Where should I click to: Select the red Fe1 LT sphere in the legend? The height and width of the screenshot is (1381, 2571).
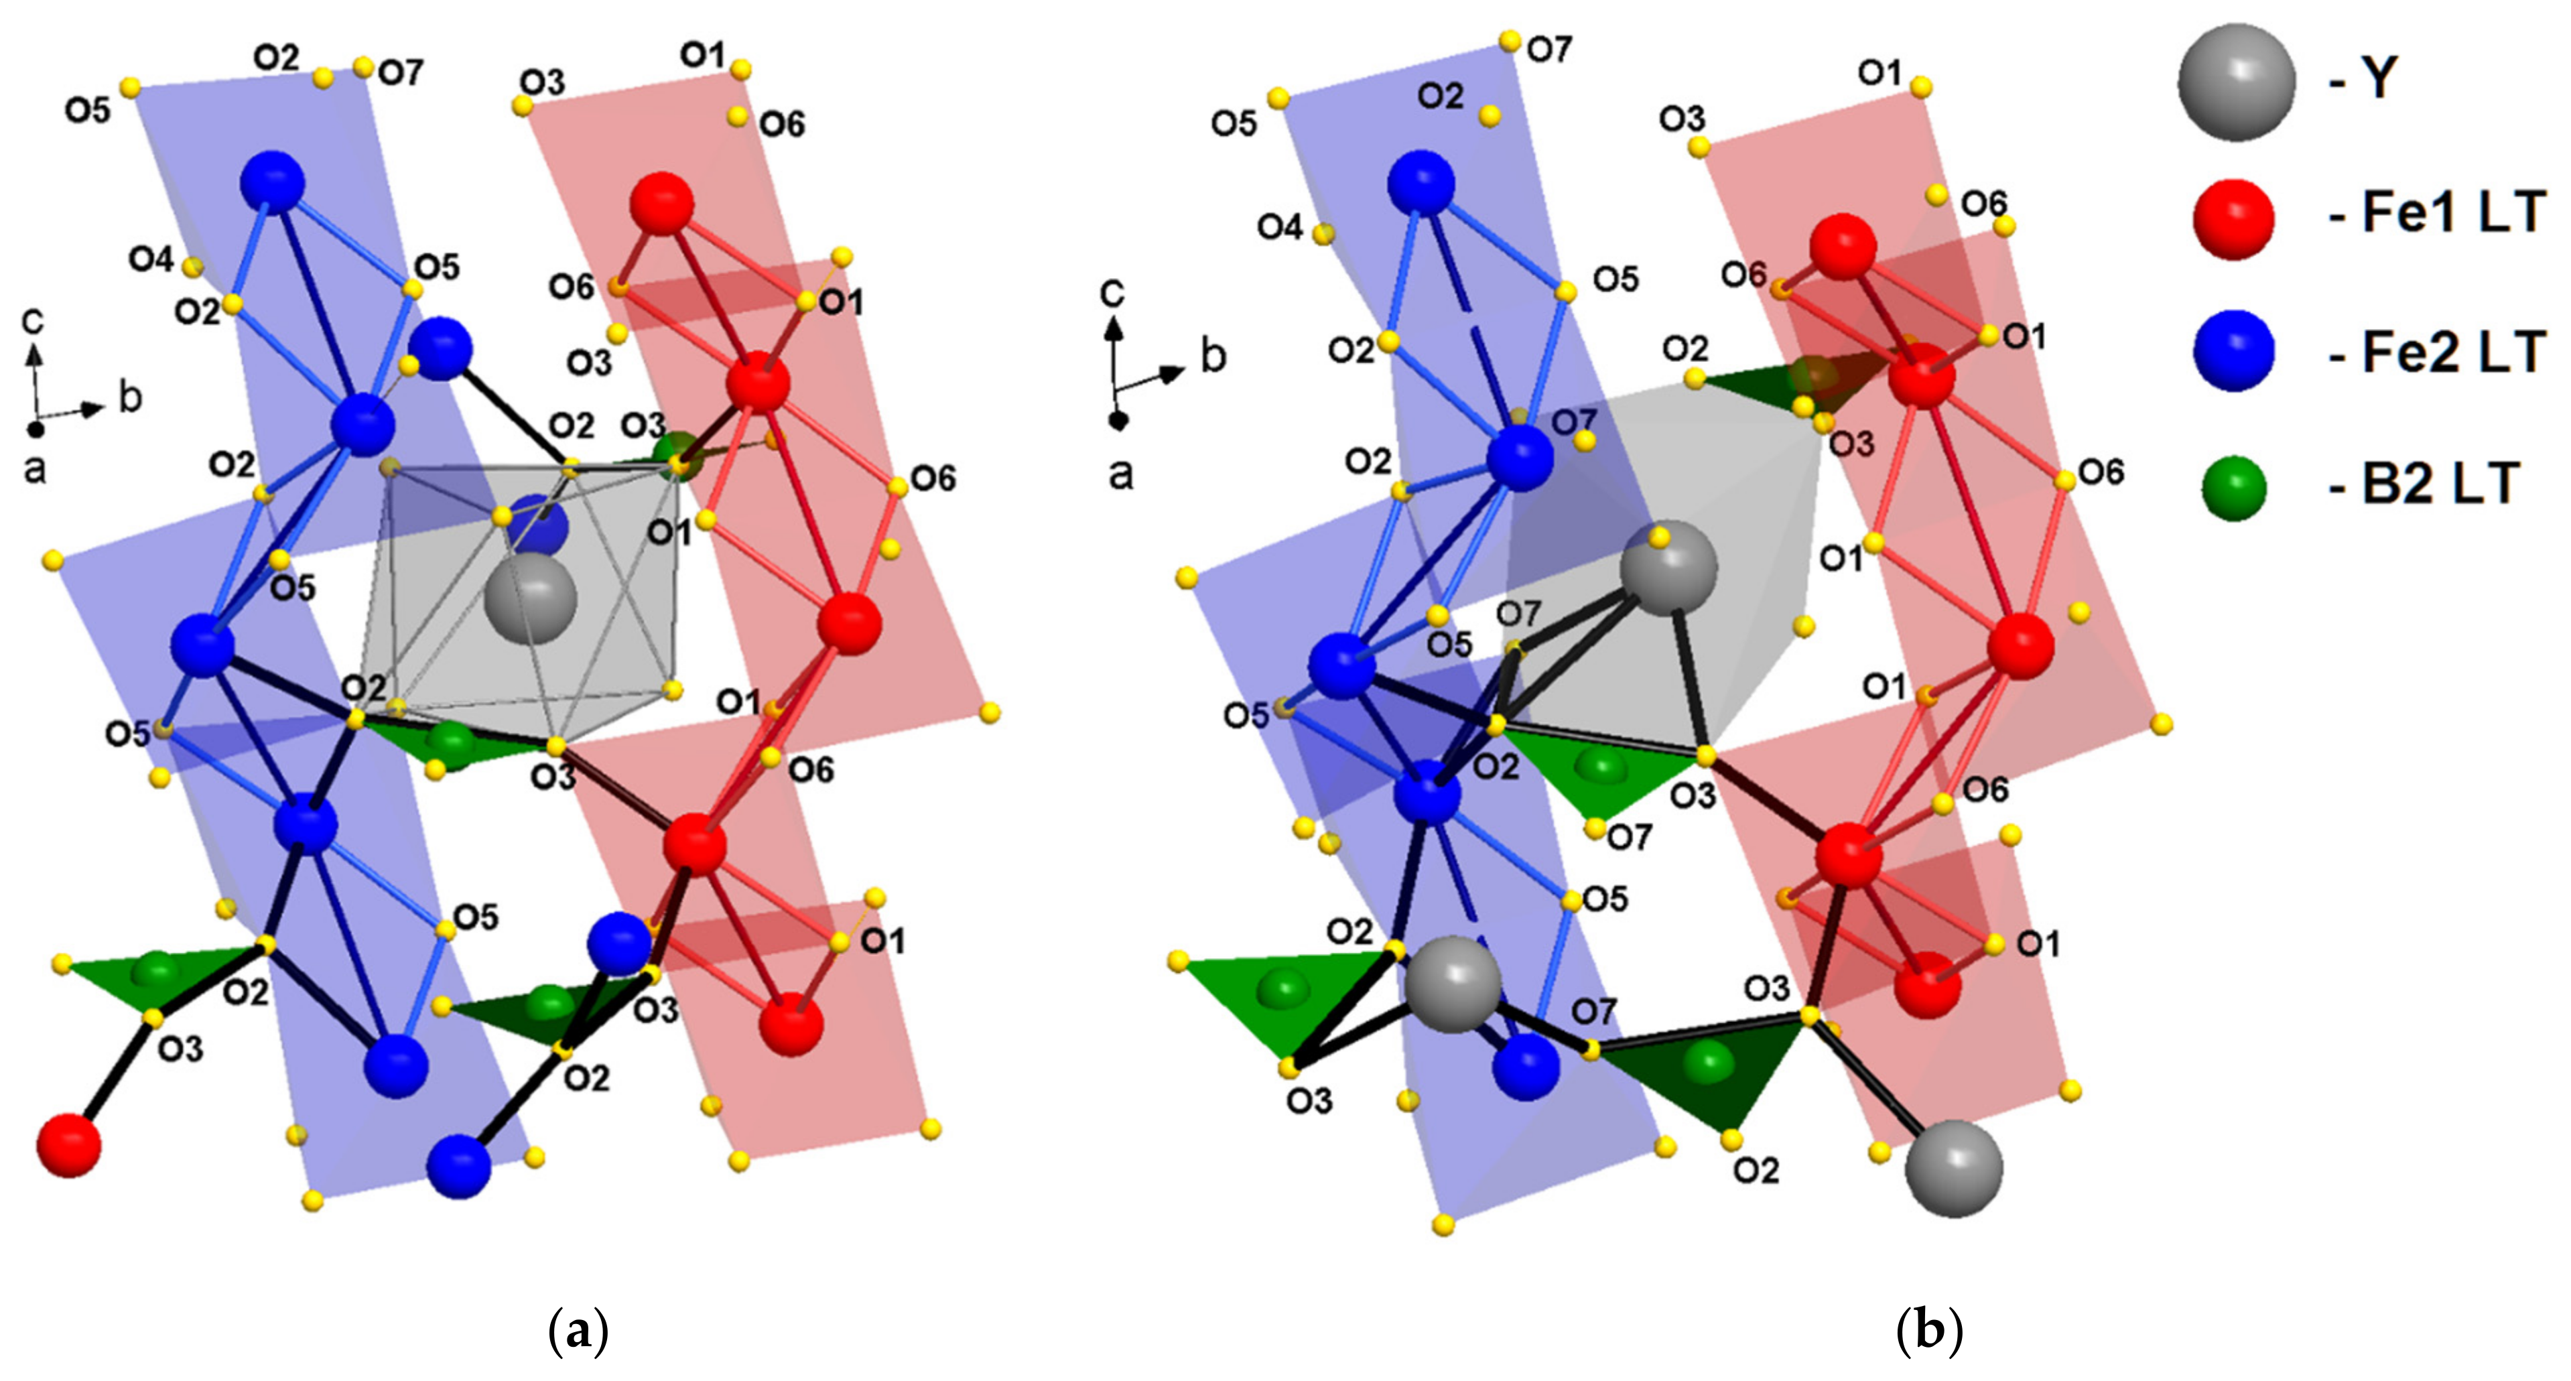(x=2234, y=218)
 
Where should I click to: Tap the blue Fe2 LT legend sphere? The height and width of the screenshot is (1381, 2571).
(x=2234, y=350)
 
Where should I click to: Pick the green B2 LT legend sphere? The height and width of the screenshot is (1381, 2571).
(x=2234, y=488)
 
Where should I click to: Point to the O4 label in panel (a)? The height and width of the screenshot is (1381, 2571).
(x=151, y=259)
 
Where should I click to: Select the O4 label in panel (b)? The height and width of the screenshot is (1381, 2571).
(x=1280, y=228)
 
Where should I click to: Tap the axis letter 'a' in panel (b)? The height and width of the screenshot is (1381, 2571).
(x=1120, y=474)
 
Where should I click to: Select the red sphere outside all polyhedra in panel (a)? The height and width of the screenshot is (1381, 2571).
(x=69, y=1146)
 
